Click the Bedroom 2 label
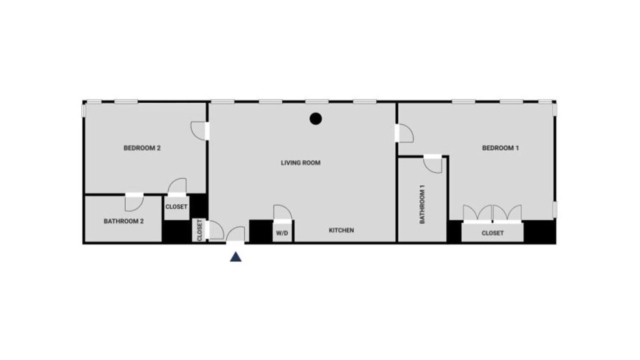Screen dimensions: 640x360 click(x=142, y=148)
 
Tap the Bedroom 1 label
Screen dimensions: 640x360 click(x=500, y=148)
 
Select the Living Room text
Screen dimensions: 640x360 click(x=300, y=163)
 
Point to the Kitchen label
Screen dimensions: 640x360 click(x=341, y=230)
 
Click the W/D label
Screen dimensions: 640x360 click(x=282, y=233)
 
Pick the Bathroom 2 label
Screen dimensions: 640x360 click(x=123, y=221)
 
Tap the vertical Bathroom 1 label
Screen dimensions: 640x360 click(x=422, y=204)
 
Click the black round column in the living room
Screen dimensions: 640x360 click(x=315, y=118)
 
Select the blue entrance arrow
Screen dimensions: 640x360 click(x=235, y=256)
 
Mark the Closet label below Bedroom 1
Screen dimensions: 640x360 click(x=492, y=233)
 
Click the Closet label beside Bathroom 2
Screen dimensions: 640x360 click(x=176, y=206)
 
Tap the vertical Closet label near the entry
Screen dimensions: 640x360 click(x=199, y=230)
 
